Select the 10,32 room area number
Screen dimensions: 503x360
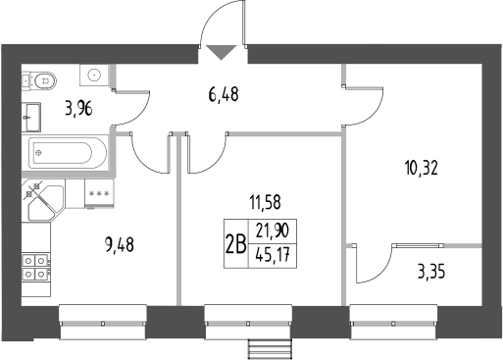tap(419, 167)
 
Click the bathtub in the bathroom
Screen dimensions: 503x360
tap(63, 152)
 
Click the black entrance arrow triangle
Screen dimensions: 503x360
tap(220, 52)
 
